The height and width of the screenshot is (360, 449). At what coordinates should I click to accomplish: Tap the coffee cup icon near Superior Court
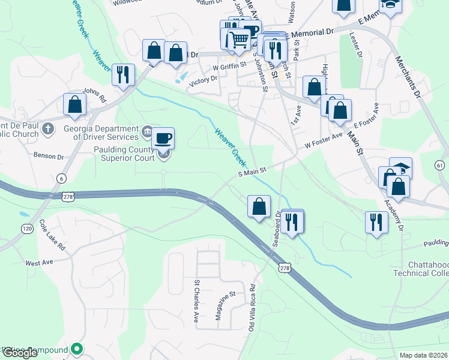163,139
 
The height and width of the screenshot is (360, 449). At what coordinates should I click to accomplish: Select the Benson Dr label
49,157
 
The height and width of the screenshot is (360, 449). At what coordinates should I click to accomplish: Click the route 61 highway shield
440,165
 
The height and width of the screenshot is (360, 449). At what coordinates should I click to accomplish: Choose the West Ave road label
39,263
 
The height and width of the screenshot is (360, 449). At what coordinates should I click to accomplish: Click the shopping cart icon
239,40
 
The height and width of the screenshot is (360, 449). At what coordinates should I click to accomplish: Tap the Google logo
20,353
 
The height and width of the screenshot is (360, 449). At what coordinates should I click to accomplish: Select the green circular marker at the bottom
77,348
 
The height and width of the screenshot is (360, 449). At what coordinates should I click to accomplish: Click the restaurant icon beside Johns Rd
123,74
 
